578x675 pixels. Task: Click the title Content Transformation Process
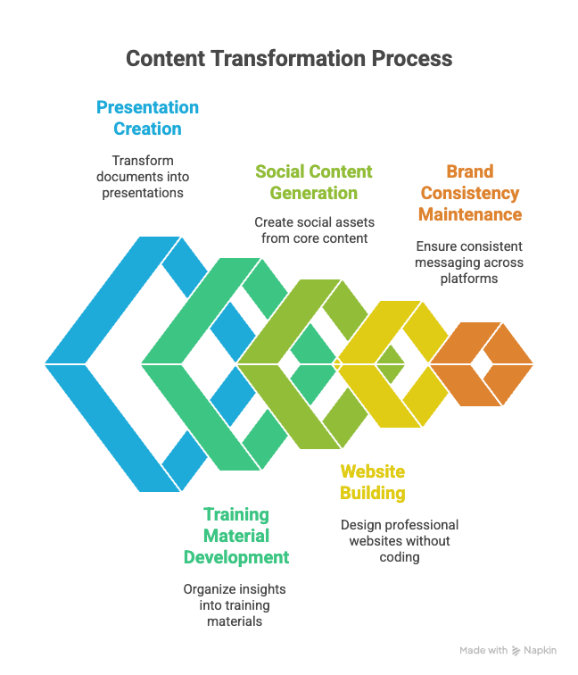pyautogui.click(x=288, y=59)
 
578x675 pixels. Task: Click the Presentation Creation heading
pyautogui.click(x=147, y=118)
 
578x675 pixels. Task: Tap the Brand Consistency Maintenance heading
pyautogui.click(x=471, y=193)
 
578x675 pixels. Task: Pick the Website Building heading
pyautogui.click(x=373, y=482)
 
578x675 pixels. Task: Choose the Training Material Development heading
pyautogui.click(x=236, y=536)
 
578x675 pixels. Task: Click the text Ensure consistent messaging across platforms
pyautogui.click(x=470, y=262)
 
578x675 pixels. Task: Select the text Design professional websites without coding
pyautogui.click(x=399, y=540)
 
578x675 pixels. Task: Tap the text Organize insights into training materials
pyautogui.click(x=235, y=605)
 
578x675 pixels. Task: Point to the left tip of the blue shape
pyautogui.click(x=46, y=364)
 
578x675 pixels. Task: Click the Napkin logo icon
pyautogui.click(x=517, y=651)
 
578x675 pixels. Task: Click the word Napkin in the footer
pyautogui.click(x=541, y=651)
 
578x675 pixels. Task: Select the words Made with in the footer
pyautogui.click(x=483, y=651)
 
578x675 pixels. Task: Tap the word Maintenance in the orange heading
pyautogui.click(x=471, y=214)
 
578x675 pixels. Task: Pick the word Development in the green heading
pyautogui.click(x=236, y=557)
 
